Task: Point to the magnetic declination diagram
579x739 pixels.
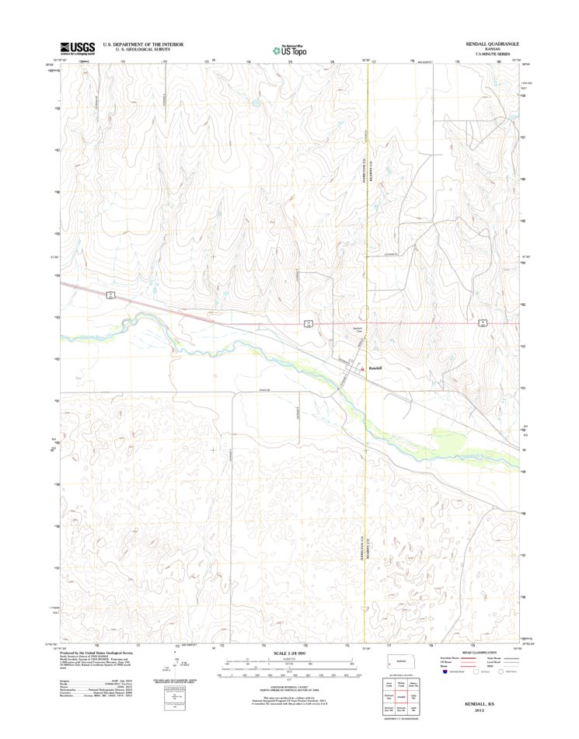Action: pyautogui.click(x=181, y=666)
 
